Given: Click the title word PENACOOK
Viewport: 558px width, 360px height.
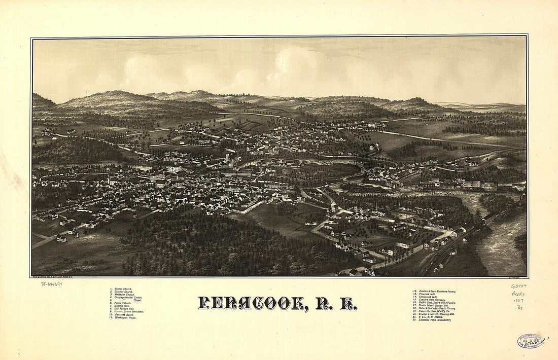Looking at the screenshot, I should point(252,303).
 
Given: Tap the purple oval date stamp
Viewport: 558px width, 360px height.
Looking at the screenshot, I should point(531,341).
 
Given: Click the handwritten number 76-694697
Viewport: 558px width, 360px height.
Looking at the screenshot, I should point(51,283).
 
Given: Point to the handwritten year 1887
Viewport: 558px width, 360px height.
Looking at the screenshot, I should point(518,301).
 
